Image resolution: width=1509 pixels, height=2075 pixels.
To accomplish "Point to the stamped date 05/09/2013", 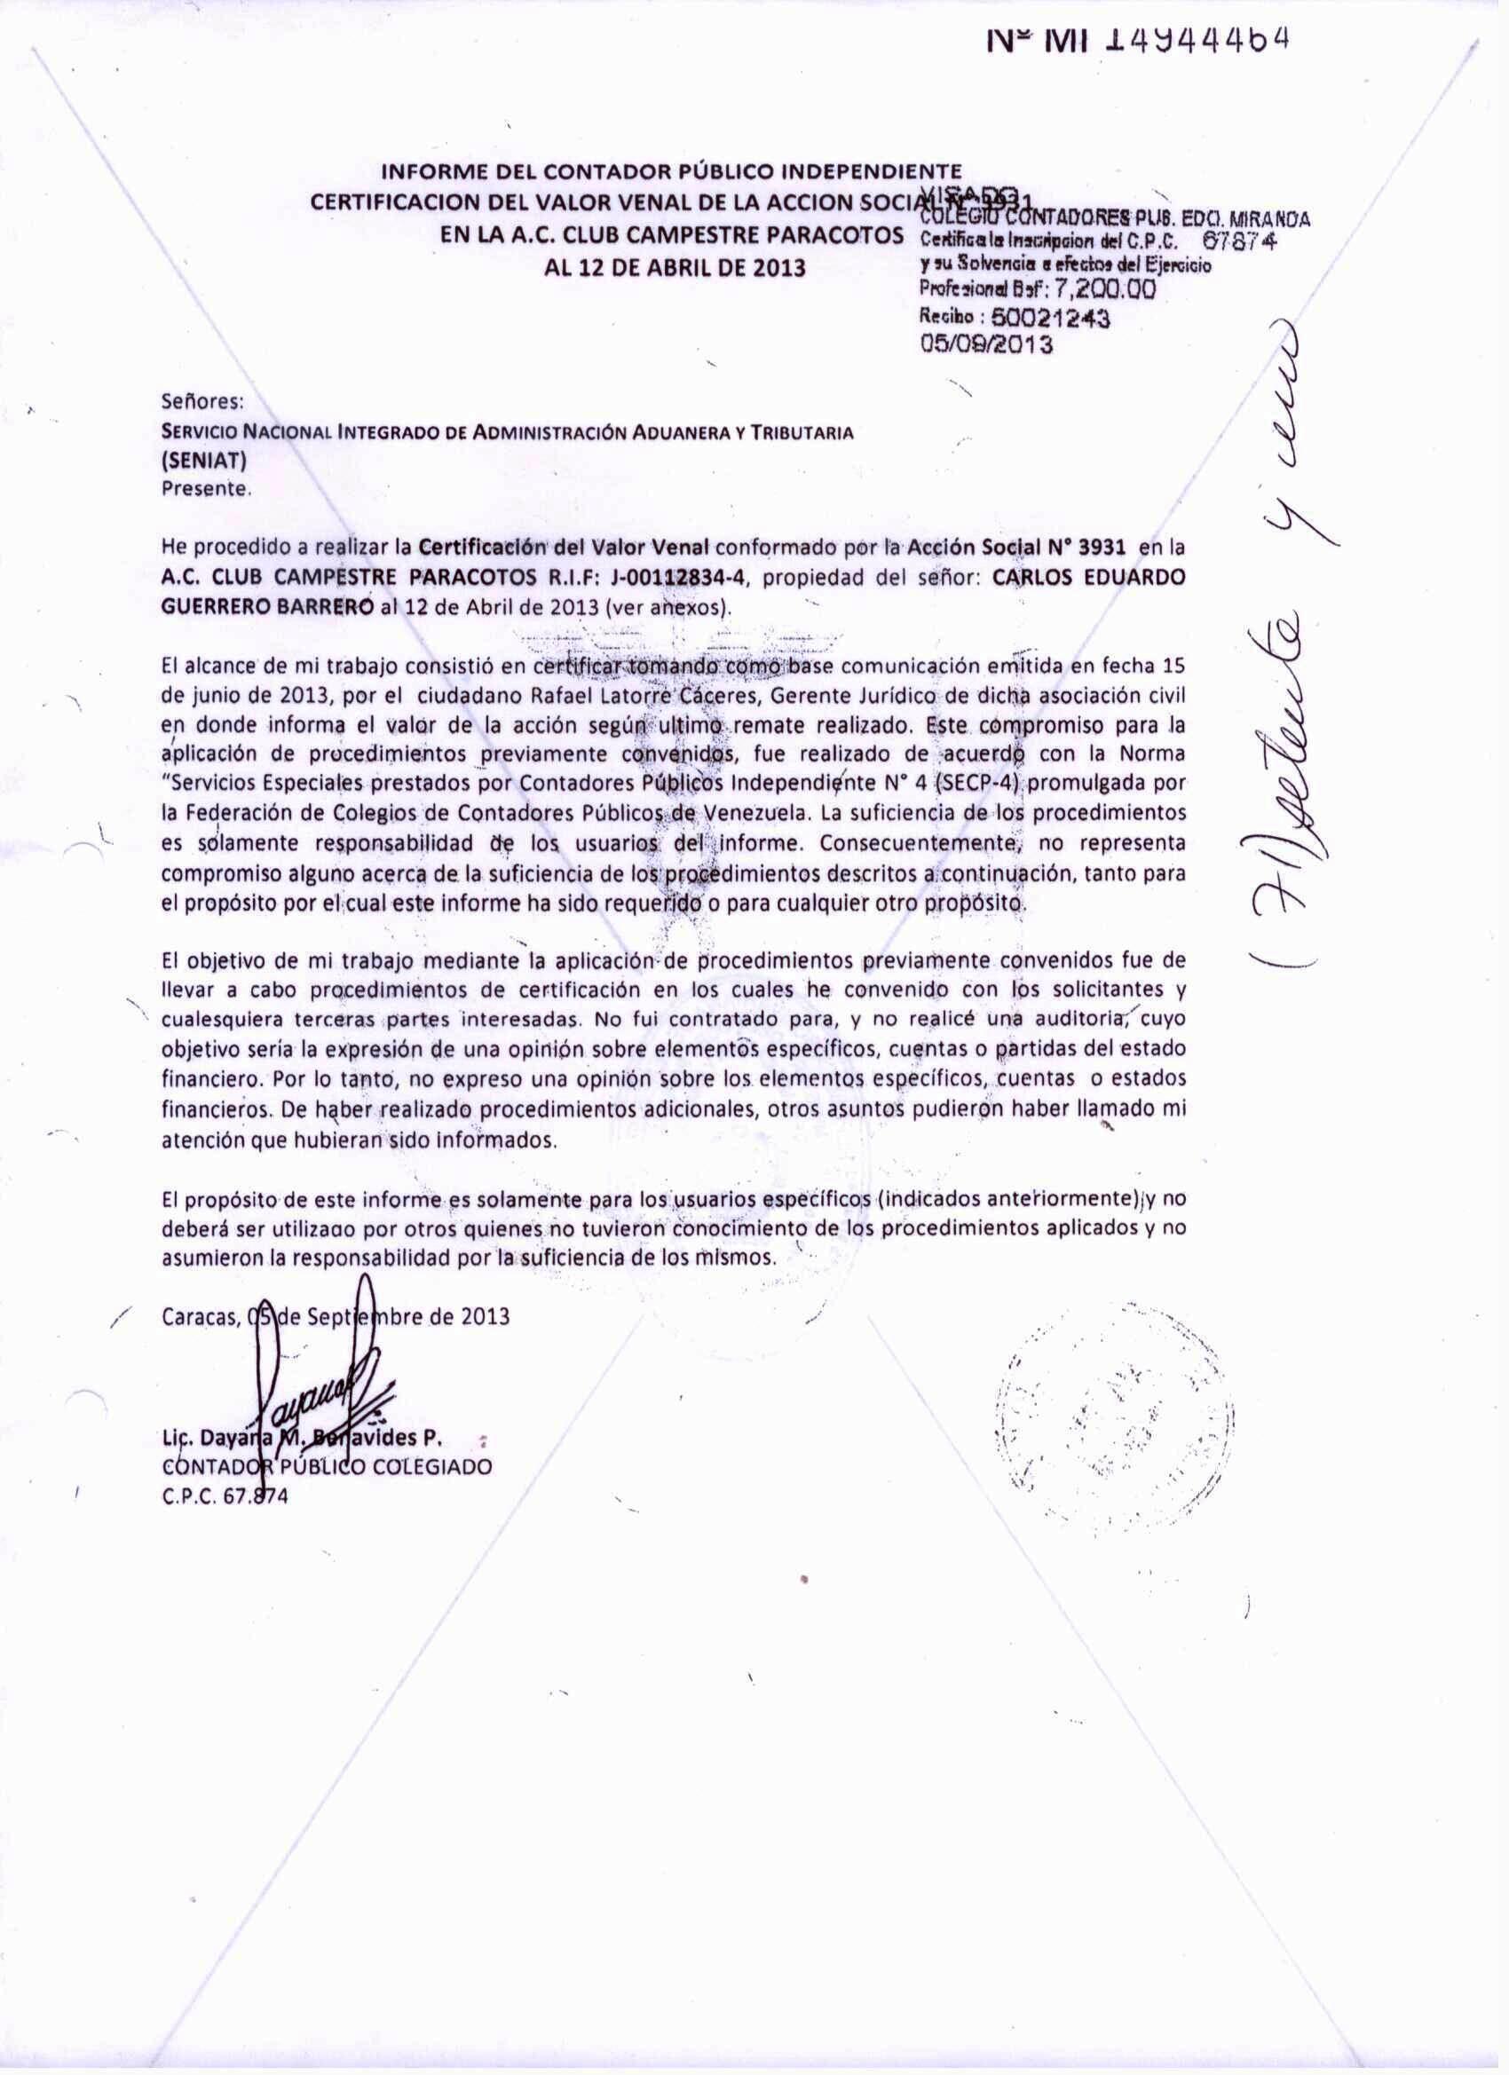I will (986, 345).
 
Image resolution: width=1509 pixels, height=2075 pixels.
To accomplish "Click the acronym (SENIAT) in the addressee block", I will (200, 464).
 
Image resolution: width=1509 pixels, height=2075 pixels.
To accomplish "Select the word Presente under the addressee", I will (204, 490).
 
